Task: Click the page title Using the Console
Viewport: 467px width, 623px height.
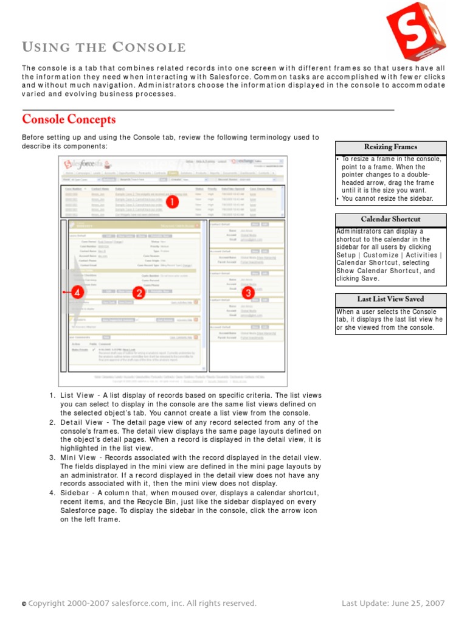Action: click(x=104, y=47)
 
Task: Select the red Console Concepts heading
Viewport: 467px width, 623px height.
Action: click(x=69, y=119)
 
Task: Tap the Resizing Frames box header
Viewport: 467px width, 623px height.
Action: click(x=390, y=147)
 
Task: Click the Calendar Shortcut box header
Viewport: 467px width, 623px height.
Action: click(x=390, y=219)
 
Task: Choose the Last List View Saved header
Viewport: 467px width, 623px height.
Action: click(x=390, y=299)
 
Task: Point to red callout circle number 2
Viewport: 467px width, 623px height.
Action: click(x=139, y=293)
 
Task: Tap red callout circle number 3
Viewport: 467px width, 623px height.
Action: click(x=247, y=293)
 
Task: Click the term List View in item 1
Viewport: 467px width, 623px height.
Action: click(x=77, y=395)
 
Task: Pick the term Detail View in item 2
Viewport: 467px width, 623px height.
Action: click(x=81, y=423)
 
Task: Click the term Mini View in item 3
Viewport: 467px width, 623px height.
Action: click(x=78, y=458)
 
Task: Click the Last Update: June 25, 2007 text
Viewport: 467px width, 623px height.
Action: click(x=393, y=604)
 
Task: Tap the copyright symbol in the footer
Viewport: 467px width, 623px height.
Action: click(x=24, y=604)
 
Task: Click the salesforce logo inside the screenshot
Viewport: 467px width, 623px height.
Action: click(x=88, y=164)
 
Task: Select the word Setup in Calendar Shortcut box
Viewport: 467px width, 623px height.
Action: click(x=346, y=255)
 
